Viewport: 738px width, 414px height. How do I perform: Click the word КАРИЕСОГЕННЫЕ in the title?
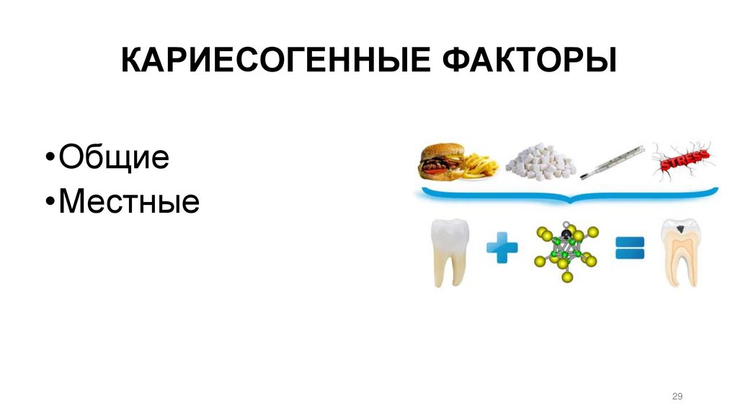point(270,61)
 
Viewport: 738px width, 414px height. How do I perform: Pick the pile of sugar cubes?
point(541,163)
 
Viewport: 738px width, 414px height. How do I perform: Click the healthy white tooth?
point(450,252)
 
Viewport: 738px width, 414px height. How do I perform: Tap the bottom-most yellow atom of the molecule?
point(567,278)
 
